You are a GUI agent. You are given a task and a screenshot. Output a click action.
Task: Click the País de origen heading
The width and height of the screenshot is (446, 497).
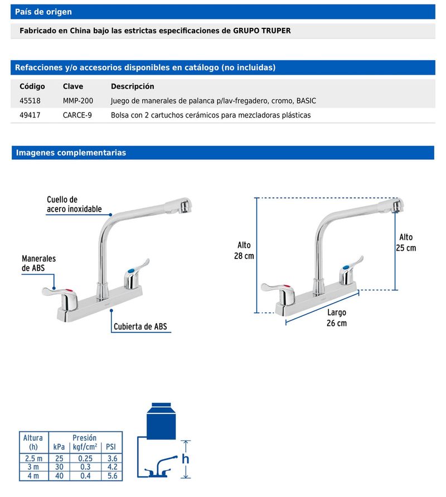click(43, 12)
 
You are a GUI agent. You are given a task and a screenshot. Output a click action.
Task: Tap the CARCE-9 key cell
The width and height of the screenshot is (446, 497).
click(77, 115)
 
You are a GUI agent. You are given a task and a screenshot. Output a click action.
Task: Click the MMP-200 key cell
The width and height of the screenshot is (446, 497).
click(78, 101)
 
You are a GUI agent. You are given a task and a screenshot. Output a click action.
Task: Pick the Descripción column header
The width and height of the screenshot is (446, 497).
click(132, 86)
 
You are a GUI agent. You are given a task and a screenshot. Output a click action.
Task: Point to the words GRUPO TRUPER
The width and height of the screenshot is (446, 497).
click(263, 31)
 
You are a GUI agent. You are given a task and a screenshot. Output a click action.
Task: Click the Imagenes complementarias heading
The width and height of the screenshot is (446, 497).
click(71, 153)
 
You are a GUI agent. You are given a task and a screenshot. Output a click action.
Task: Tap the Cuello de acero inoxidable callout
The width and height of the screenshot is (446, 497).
click(74, 204)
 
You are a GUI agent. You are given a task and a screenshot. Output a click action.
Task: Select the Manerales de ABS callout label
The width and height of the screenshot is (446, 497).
click(38, 263)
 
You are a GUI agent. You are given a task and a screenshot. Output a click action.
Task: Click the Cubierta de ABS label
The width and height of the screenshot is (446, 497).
click(140, 327)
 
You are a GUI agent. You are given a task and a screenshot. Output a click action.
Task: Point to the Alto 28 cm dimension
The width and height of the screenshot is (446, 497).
click(244, 251)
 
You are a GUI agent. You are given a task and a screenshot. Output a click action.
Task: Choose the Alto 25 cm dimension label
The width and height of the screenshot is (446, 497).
click(406, 242)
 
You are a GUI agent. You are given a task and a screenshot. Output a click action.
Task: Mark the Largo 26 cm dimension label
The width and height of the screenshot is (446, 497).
click(336, 318)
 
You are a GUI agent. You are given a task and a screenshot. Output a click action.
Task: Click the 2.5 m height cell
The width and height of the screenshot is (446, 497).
click(33, 458)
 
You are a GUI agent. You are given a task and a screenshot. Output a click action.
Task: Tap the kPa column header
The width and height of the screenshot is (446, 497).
click(59, 447)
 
